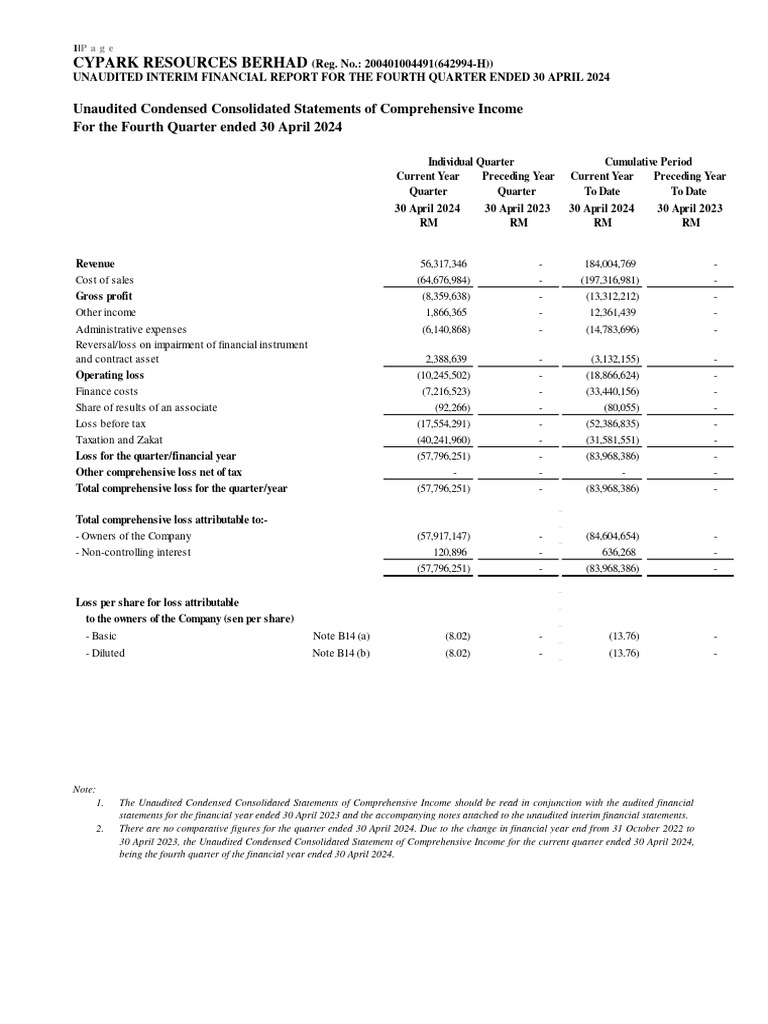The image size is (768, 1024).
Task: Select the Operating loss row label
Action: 109,375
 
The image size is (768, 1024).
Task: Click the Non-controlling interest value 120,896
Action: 447,552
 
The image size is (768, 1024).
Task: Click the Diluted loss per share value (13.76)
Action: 624,653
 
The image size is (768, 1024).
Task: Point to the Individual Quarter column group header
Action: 471,161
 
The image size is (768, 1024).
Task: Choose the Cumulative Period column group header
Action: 648,161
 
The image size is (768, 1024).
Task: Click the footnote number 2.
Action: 99,829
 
